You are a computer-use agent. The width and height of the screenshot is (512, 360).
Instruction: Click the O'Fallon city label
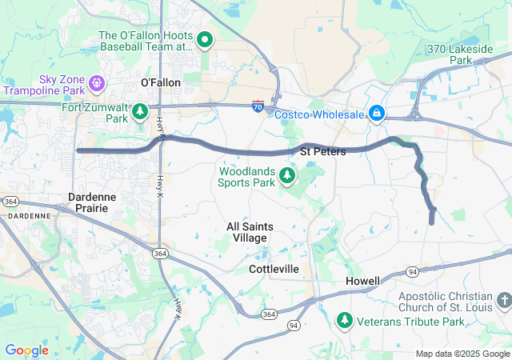pos(161,82)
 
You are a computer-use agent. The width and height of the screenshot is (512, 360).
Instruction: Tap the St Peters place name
pos(322,151)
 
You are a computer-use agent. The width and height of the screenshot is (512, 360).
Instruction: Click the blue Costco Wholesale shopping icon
pos(376,114)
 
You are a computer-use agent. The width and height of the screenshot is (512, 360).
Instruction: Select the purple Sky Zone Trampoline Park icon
pos(98,82)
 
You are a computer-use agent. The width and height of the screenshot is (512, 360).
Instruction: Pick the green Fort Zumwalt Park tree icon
pos(141,111)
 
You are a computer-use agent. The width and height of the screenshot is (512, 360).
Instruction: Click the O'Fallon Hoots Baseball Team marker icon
pos(204,38)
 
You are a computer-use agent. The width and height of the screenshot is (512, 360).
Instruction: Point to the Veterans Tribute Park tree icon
pos(345,321)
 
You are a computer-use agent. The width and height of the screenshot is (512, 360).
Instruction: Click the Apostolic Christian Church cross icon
pos(503,301)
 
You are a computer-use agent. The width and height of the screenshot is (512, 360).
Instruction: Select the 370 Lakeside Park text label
pos(461,54)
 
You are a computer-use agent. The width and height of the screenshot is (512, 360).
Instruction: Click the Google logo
pos(26,350)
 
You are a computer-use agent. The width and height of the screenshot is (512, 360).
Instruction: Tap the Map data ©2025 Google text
pos(462,354)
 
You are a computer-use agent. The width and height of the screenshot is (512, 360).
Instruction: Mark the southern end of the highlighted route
pos(432,222)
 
